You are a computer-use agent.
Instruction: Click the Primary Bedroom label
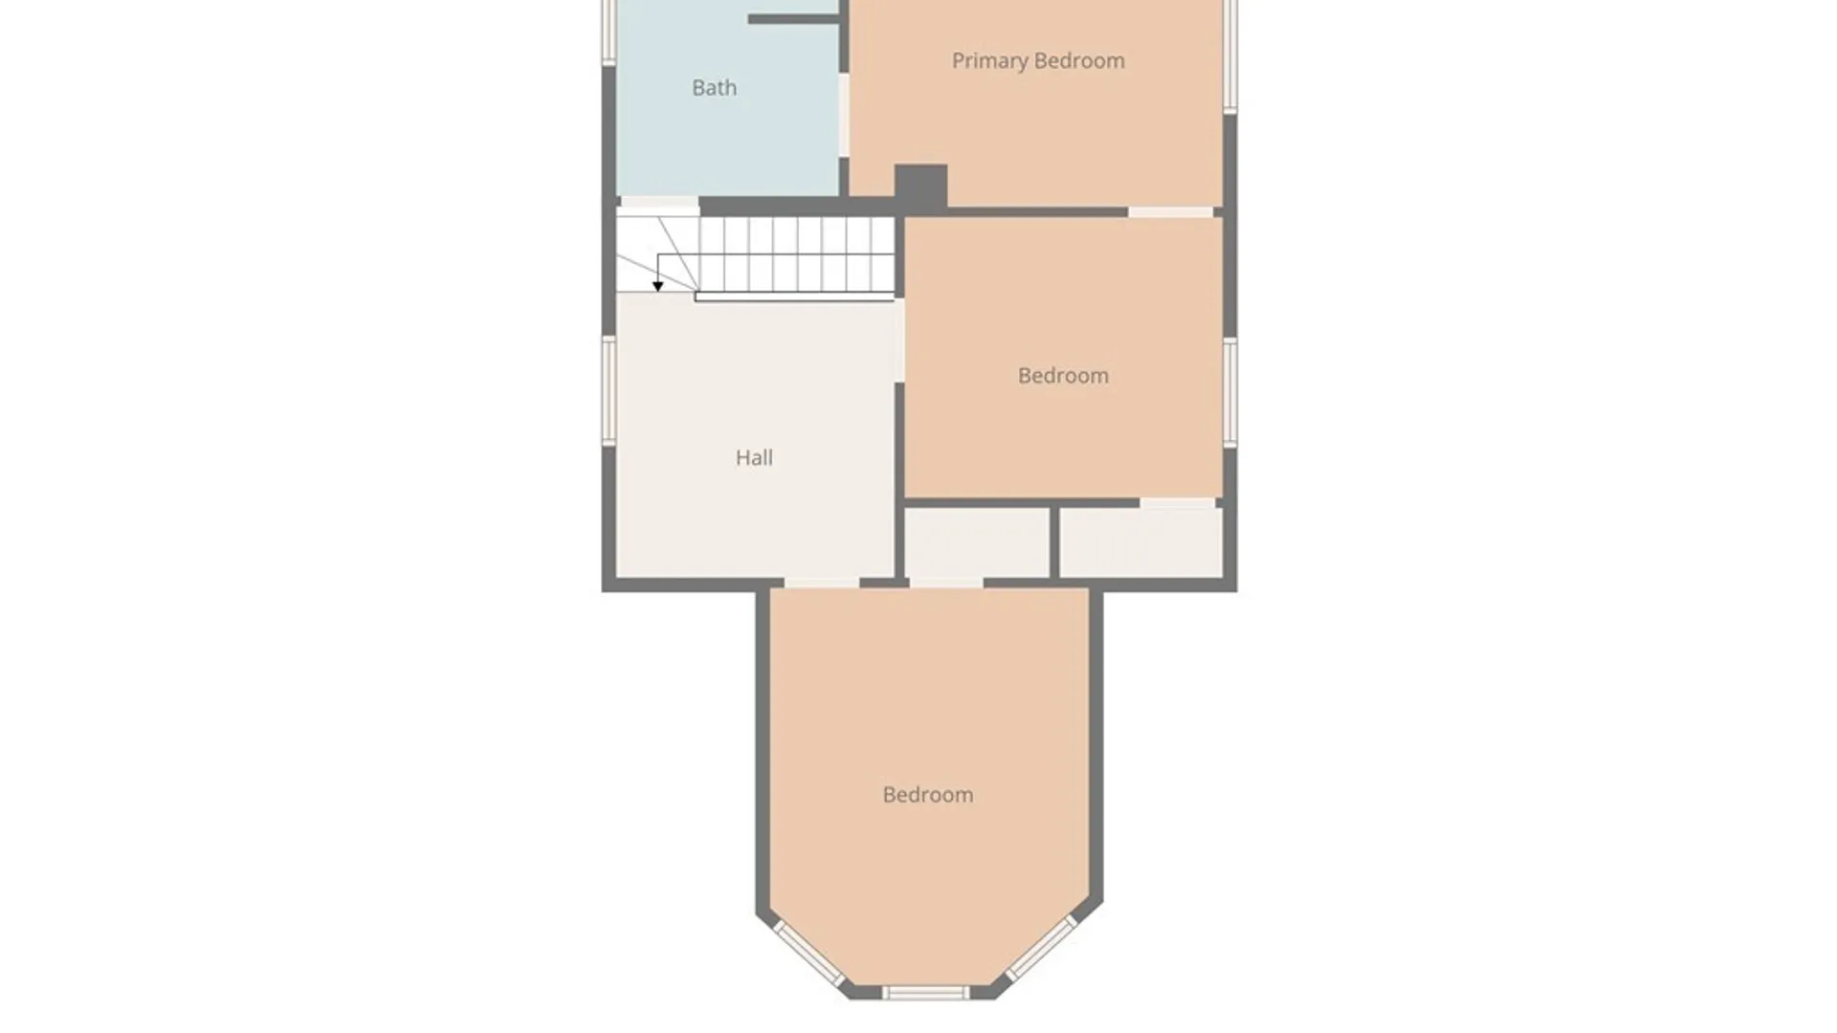[x=1038, y=61]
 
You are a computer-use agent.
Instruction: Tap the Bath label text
[x=715, y=88]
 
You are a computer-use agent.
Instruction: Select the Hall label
[x=754, y=458]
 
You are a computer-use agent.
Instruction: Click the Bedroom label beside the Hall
[x=1063, y=376]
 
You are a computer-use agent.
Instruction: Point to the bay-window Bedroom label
[x=928, y=795]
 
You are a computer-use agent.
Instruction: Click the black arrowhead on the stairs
[x=657, y=286]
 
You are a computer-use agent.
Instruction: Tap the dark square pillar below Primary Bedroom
[x=920, y=186]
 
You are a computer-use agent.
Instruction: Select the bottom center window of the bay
[x=924, y=994]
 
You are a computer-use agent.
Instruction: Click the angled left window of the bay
[x=808, y=954]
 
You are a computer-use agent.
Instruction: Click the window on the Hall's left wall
[x=608, y=390]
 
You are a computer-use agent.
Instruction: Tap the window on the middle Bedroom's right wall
[x=1230, y=391]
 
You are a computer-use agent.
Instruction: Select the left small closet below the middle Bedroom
[x=977, y=542]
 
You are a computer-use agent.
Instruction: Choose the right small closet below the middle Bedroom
[x=1140, y=542]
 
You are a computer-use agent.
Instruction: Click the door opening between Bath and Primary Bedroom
[x=844, y=115]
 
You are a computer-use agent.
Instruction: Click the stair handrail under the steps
[x=794, y=297]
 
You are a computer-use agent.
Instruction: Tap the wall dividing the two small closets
[x=1054, y=542]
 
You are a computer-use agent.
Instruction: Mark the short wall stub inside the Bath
[x=793, y=19]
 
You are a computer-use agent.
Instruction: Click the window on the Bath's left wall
[x=608, y=33]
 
